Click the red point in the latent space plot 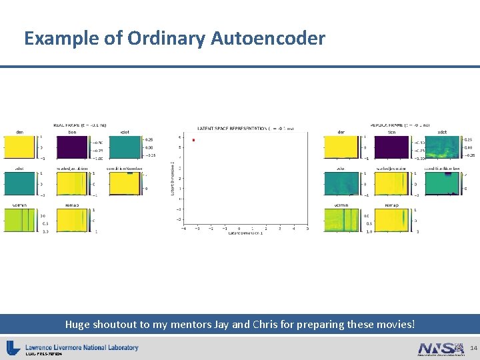[193, 140]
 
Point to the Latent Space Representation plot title [245, 128]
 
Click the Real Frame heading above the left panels [80, 125]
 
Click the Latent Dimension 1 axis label [245, 233]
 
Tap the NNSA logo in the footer [441, 348]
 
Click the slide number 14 [473, 348]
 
